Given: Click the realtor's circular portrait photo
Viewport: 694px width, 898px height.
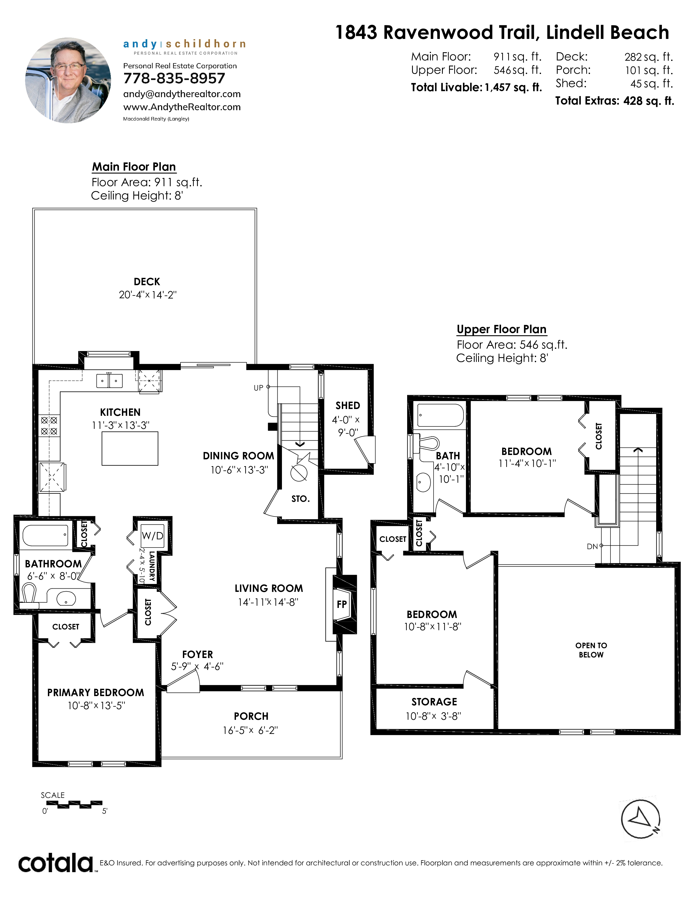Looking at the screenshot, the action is click(68, 81).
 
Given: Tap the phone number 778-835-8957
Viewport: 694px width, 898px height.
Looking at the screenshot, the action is click(174, 78).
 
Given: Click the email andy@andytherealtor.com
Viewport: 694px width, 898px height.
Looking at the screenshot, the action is click(182, 94).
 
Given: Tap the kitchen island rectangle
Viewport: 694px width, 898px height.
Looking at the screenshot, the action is click(130, 448).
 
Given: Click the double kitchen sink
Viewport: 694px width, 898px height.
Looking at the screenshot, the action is click(109, 381).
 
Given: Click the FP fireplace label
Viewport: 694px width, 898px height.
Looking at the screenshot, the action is click(342, 604).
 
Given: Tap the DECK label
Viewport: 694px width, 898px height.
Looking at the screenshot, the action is click(147, 282).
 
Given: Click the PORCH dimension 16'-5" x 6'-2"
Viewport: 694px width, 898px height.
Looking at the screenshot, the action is click(250, 730).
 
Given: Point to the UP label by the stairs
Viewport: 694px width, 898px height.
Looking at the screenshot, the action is click(259, 388).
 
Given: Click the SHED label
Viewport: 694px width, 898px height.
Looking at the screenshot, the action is click(348, 405).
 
